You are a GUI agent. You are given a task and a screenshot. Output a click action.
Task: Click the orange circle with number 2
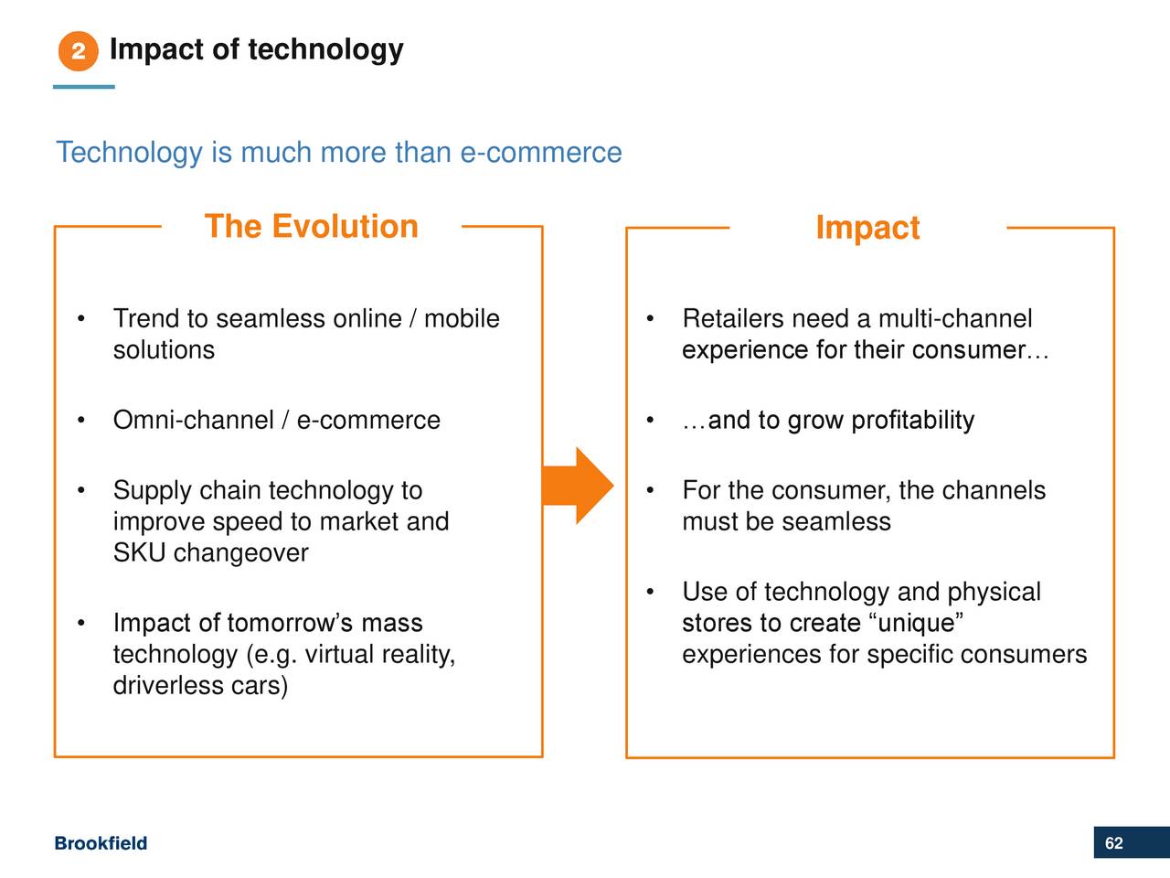coord(79,51)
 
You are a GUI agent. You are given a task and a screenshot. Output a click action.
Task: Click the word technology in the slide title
coord(325,50)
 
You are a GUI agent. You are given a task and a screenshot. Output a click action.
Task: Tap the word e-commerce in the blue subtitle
coord(541,152)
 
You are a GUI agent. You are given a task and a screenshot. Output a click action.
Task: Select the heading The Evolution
coord(312,226)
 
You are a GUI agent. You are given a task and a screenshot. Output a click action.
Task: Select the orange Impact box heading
coord(867,228)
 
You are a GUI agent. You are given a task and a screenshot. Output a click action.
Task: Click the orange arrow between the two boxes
coord(578,486)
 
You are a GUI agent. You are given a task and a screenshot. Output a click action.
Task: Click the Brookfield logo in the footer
coord(101,843)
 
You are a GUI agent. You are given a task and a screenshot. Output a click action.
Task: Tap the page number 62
coord(1114,843)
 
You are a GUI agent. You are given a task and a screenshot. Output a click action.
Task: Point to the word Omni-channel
coord(194,420)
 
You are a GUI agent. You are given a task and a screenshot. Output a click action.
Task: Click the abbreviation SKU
coord(139,552)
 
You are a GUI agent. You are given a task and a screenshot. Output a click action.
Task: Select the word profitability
coord(912,421)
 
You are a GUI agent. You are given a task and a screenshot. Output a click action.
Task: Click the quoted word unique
coord(915,623)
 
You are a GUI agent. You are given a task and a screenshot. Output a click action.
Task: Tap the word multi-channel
coord(955,318)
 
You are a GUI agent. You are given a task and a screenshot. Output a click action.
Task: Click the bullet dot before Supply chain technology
coord(81,490)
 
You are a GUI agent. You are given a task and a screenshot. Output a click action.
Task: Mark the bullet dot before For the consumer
coord(650,490)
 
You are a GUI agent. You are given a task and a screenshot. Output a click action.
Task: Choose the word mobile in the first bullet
coord(462,318)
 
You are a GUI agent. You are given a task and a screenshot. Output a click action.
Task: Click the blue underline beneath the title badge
coord(84,86)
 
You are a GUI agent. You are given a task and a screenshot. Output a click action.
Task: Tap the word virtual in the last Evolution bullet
coord(340,654)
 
